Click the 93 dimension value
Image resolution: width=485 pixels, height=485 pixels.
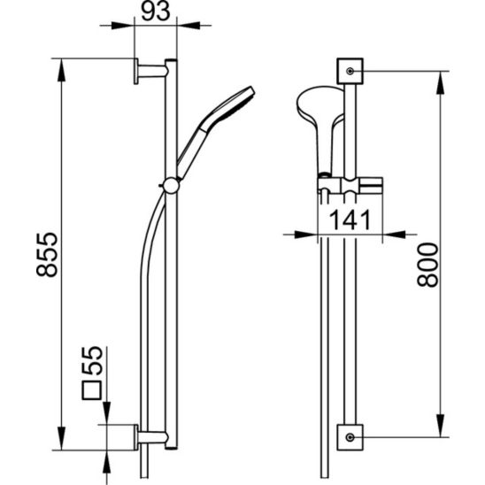[x=156, y=12]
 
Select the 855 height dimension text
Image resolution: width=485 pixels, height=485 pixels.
[x=47, y=254]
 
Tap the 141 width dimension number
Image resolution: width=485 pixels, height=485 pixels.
[x=350, y=219]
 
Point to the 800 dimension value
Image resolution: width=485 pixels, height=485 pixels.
[x=427, y=266]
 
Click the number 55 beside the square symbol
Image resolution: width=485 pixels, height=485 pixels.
[x=92, y=361]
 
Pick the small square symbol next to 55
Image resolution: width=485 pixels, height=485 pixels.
[x=92, y=390]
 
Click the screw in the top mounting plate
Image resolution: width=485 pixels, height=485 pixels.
[x=350, y=71]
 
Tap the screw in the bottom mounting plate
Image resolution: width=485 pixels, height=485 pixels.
[x=350, y=437]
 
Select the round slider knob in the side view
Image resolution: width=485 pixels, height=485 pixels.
[x=171, y=186]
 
